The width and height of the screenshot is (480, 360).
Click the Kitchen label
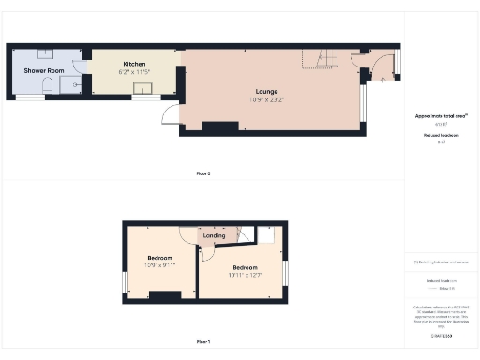click(134, 64)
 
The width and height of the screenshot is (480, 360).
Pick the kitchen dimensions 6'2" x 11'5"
click(134, 71)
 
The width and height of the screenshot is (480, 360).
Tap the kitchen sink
click(143, 89)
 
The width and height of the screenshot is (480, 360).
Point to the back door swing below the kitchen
click(170, 114)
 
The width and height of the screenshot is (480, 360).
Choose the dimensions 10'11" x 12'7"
click(245, 275)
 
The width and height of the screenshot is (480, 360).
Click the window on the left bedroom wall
click(124, 281)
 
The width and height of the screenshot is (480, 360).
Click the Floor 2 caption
click(202, 173)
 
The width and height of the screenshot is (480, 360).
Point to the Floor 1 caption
click(202, 341)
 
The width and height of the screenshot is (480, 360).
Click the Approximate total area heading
click(441, 115)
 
